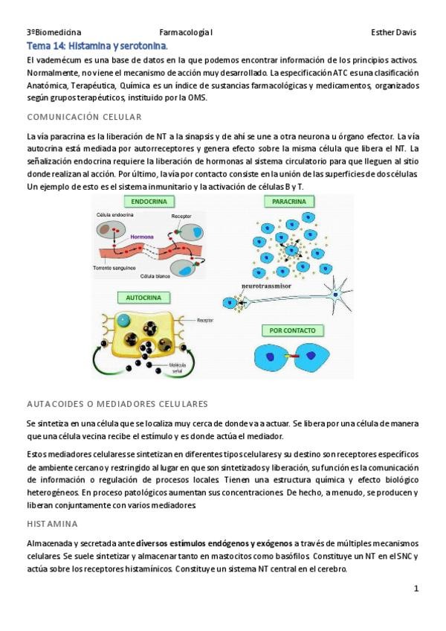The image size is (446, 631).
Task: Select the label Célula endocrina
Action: (x=114, y=214)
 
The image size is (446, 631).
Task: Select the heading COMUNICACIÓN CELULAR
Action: (x=84, y=118)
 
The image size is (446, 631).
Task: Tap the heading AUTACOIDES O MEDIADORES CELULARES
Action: (x=117, y=404)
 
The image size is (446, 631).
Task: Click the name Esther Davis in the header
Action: (x=393, y=33)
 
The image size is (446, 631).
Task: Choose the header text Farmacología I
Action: (x=186, y=33)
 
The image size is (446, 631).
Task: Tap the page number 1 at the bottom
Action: (x=416, y=588)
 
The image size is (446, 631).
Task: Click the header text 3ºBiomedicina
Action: (x=54, y=33)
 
